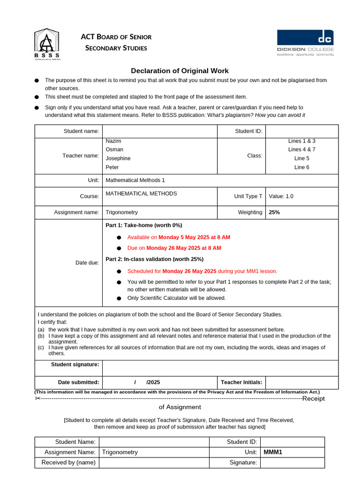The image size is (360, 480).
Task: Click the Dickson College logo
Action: coord(305,43)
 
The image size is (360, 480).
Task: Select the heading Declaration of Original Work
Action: coord(180,71)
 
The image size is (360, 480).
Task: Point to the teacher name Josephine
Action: coord(118,158)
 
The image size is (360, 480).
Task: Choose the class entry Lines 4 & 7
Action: coord(301,150)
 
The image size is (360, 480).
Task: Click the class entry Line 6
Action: coord(301,167)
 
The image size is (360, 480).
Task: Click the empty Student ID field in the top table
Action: coord(301,131)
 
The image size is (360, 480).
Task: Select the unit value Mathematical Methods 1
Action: coord(135,180)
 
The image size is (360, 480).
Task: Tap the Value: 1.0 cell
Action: coord(281,196)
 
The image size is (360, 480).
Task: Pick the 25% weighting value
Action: coord(274,212)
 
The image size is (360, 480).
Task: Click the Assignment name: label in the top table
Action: coord(76,212)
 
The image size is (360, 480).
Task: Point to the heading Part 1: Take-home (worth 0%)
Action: coord(144,225)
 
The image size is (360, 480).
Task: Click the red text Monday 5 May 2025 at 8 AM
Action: coord(194,237)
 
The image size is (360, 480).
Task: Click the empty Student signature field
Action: coord(220,368)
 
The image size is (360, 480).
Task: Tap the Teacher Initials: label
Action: coord(241,382)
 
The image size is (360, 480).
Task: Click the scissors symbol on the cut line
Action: coord(37,398)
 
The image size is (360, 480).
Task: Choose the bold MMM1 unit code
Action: coord(273,452)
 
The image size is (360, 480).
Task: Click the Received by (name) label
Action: coord(68,463)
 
